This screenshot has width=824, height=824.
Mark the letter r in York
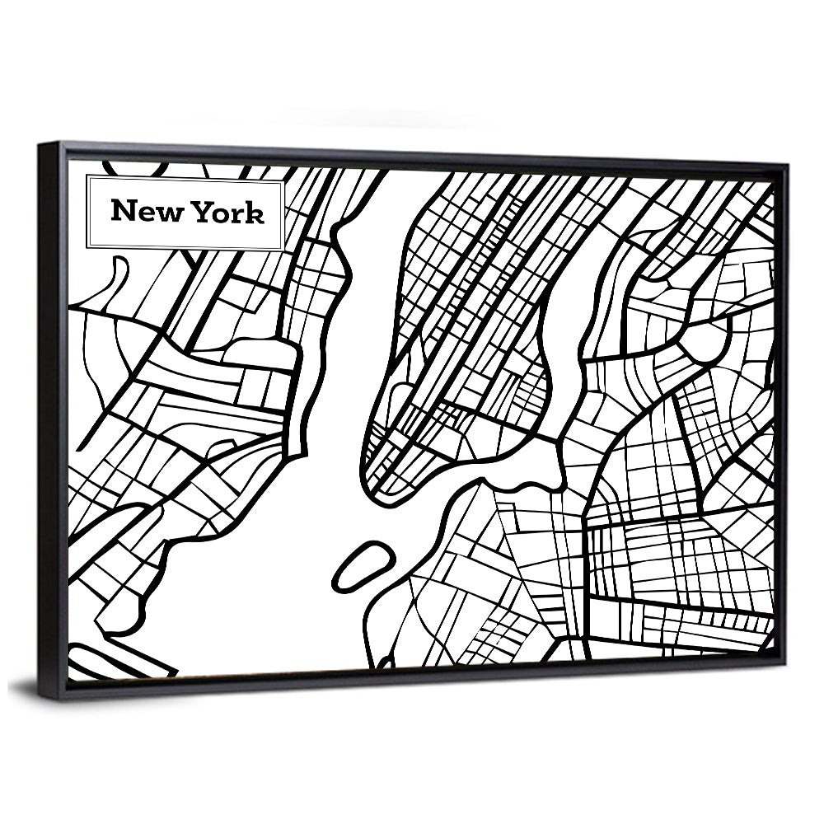point(239,214)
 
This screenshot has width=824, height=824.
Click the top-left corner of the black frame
point(39,143)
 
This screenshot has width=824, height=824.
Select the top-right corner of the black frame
point(786,165)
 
